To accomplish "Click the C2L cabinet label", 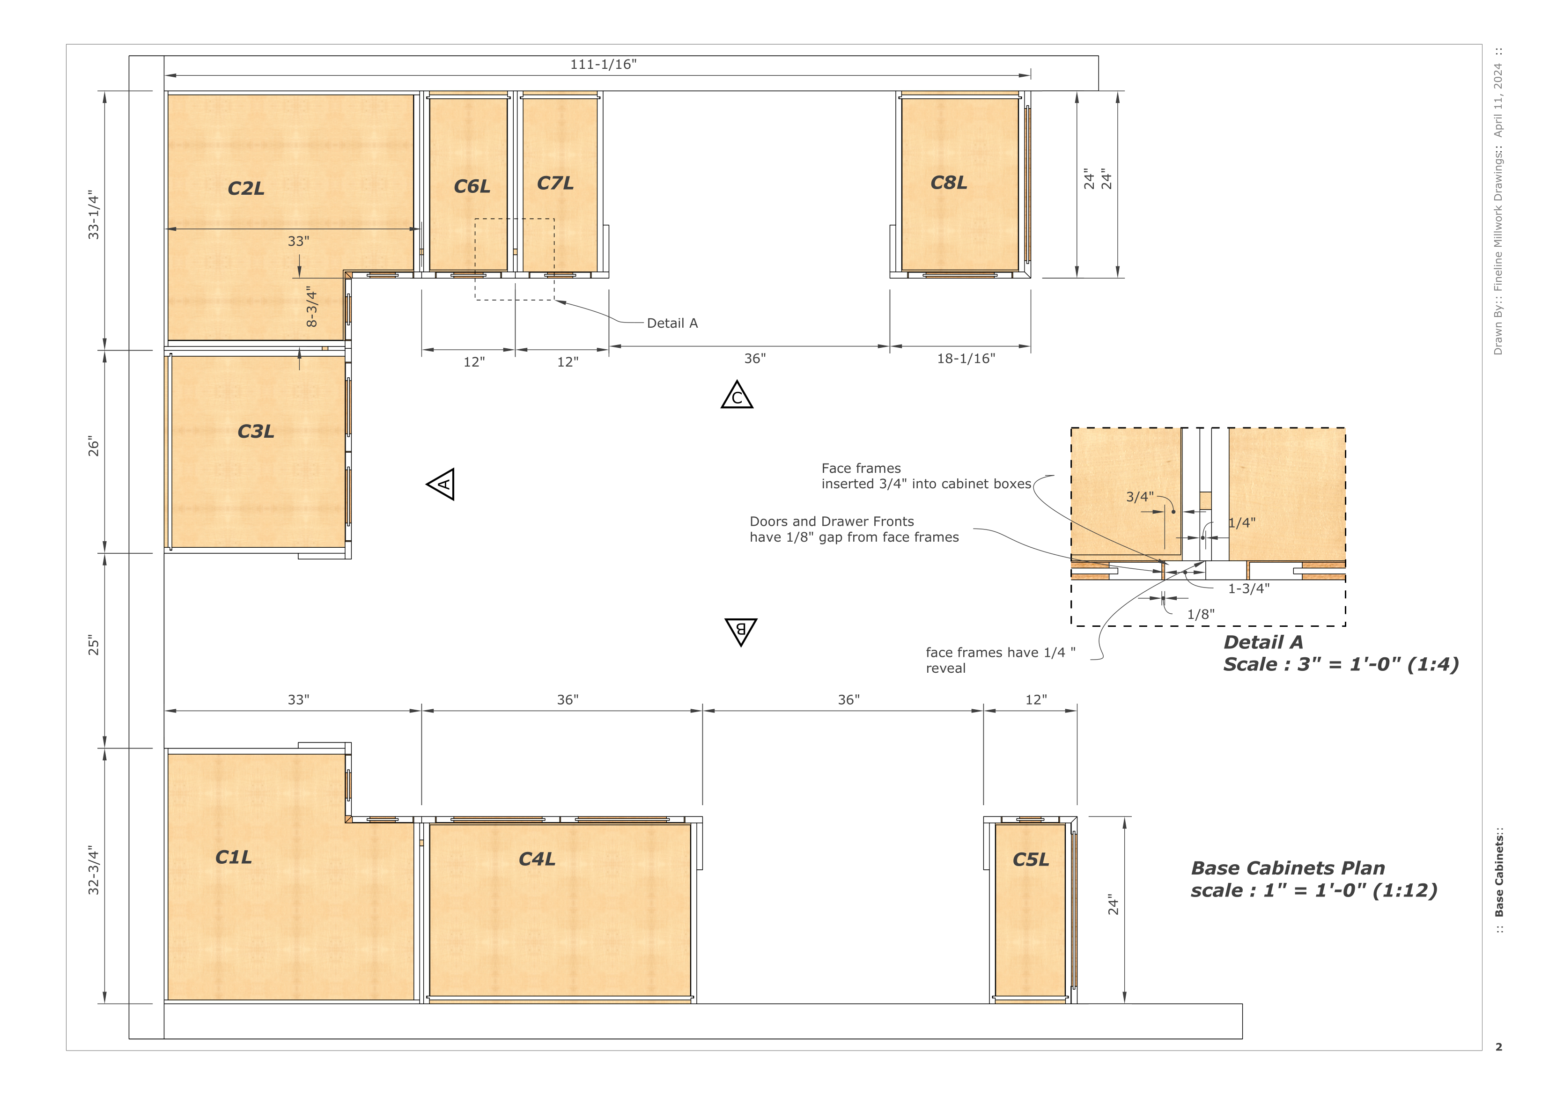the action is tap(246, 188).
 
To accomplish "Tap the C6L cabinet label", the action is tap(472, 186).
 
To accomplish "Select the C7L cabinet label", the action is tap(555, 183).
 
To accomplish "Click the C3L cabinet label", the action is tap(256, 431).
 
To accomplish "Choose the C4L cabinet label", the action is tap(537, 859).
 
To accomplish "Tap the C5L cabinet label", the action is tap(1031, 860).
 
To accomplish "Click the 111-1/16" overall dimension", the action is tap(603, 64).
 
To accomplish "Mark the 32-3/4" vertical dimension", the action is tap(93, 870).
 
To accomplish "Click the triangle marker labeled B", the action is tap(741, 630).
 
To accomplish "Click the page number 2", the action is tap(1499, 1047).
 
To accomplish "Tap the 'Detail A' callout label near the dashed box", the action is tap(672, 323).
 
